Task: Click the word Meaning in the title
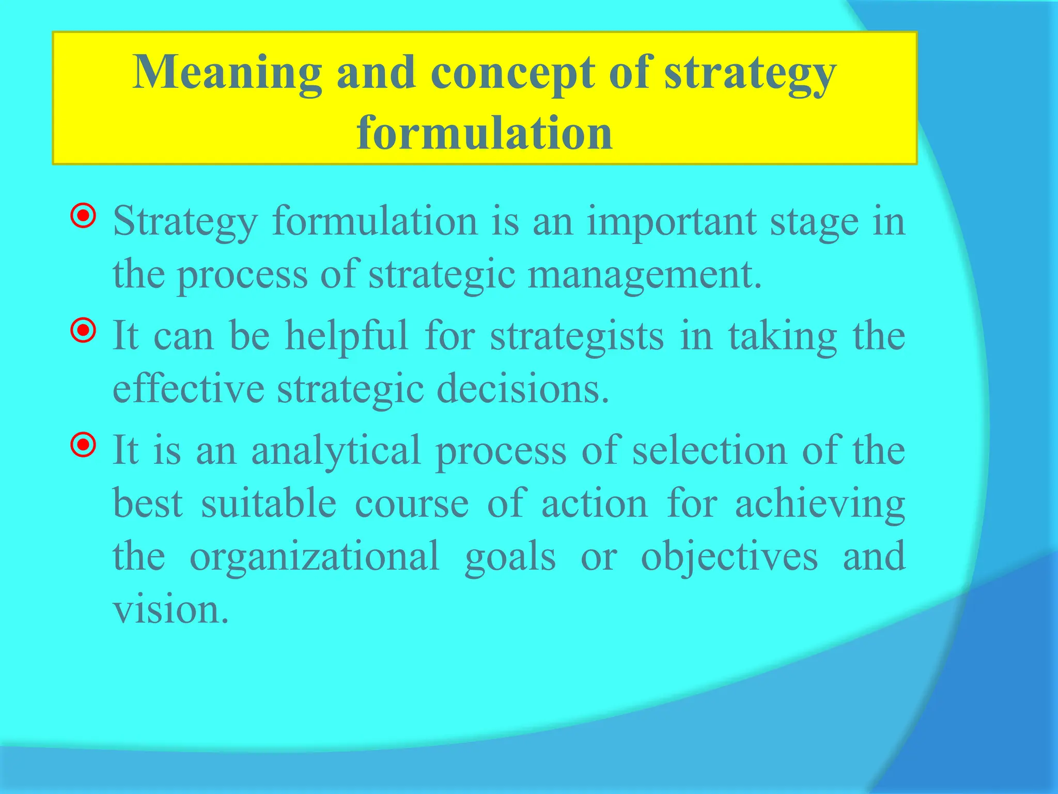click(227, 73)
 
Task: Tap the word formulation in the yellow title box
click(485, 133)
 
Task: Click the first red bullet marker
click(83, 216)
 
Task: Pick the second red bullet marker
click(83, 330)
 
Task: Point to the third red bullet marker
click(83, 445)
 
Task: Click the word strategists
click(577, 337)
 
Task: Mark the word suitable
click(269, 503)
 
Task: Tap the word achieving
click(820, 503)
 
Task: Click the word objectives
click(729, 556)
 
